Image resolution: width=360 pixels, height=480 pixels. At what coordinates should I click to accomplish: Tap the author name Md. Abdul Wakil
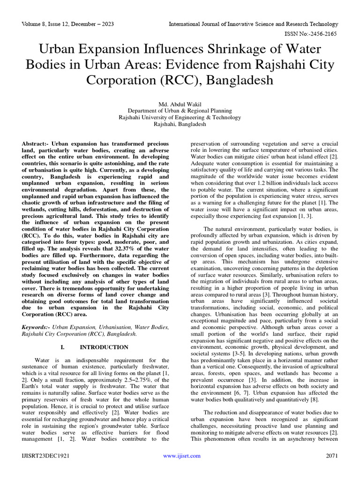click(x=180, y=104)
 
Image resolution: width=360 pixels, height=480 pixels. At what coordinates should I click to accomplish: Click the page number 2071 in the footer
click(x=332, y=456)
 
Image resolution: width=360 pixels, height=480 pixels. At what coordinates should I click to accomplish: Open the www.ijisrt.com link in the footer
click(x=181, y=456)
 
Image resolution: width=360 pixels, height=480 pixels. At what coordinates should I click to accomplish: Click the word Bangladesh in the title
click(x=238, y=80)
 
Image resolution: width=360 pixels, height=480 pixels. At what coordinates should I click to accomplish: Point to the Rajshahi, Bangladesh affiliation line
click(x=180, y=125)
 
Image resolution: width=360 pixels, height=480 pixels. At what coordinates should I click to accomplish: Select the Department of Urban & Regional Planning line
click(x=180, y=111)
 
